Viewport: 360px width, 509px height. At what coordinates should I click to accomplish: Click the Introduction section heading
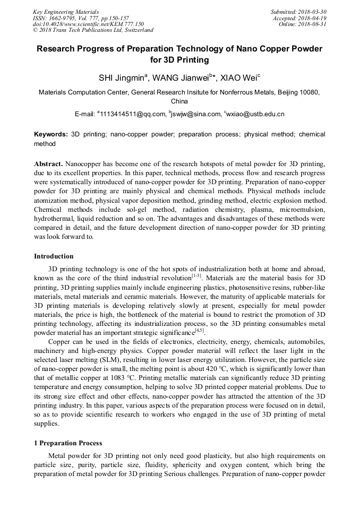54,256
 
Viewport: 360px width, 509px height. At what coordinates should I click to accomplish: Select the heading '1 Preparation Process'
68,443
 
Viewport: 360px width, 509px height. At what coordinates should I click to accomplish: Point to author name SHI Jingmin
122,78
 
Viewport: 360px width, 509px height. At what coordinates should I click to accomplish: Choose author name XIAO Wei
242,78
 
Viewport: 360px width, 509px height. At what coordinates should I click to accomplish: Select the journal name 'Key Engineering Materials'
66,12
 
